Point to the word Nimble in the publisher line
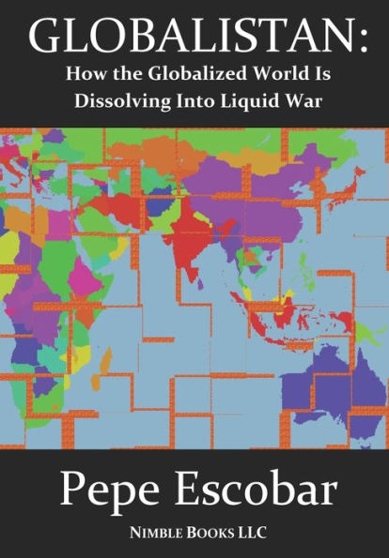pos(156,535)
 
